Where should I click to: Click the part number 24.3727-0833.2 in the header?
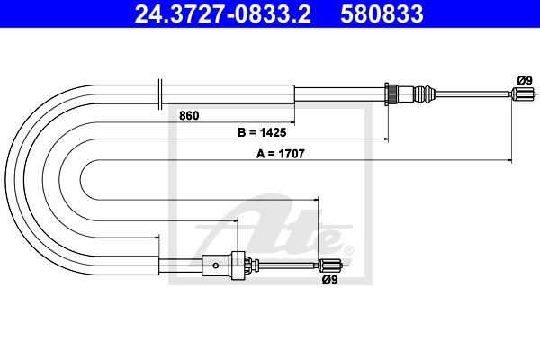(223, 13)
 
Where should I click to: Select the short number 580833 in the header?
(382, 13)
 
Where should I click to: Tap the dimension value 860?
(189, 116)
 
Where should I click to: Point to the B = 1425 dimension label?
(262, 132)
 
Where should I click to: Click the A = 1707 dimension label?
(281, 154)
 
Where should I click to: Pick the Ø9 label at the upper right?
(525, 81)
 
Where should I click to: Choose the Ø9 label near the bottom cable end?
(329, 280)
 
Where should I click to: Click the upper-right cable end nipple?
(523, 94)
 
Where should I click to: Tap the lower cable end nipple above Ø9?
(330, 265)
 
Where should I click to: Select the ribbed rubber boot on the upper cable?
(425, 94)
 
